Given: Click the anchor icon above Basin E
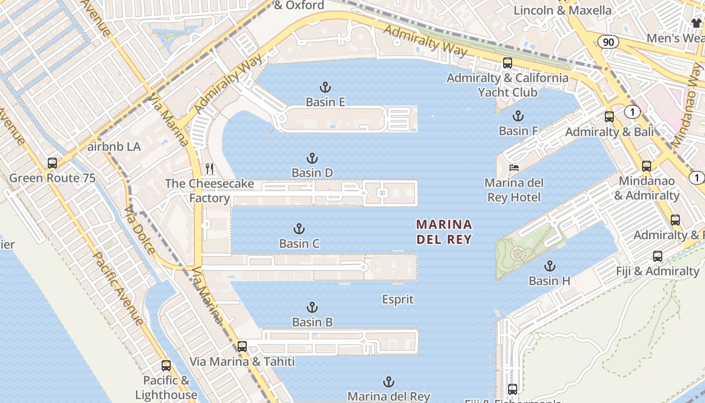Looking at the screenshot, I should pos(325,87).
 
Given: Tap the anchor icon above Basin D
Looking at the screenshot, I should pos(312,158).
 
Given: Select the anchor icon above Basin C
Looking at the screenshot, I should pos(299,229).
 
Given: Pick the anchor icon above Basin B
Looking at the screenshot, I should pos(312,307).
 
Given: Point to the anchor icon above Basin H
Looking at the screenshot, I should pos(550,266).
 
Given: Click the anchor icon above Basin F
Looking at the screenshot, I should pos(518,116).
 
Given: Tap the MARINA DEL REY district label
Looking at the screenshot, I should pos(444,232).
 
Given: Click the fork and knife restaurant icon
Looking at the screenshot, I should pos(209,169).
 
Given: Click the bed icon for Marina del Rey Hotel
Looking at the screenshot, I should pos(514,168).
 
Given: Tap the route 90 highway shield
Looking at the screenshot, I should pos(608,42).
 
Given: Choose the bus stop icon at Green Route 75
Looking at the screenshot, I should pos(52,163).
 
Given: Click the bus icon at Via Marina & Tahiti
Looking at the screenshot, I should pos(242,347).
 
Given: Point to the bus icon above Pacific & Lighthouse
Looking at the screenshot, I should pos(166,366).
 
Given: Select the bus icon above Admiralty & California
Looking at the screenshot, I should pos(508,63).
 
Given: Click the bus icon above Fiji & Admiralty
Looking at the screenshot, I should pos(658,256).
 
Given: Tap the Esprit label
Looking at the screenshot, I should pos(398,300).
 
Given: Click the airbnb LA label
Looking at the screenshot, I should pos(114,147).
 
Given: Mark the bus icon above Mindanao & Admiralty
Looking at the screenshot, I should pos(647,166).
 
